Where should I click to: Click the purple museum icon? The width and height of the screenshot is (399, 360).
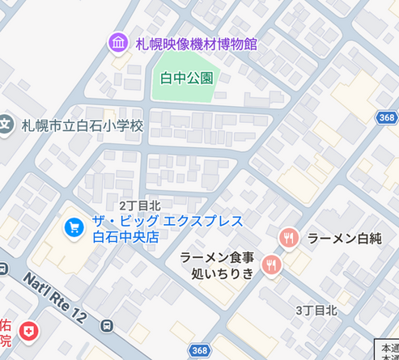click(118, 42)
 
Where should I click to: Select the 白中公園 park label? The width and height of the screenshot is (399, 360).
click(186, 78)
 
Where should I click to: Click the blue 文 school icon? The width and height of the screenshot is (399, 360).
click(6, 126)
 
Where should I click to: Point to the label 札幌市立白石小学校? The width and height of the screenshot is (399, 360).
click(82, 126)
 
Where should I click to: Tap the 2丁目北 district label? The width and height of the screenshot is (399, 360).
click(139, 207)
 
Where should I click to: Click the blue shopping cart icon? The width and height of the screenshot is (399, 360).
click(74, 229)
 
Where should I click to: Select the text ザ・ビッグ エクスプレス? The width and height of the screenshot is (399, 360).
click(166, 222)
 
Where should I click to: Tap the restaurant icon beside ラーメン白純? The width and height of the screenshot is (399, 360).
click(288, 238)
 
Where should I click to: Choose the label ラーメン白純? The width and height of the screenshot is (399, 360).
click(343, 238)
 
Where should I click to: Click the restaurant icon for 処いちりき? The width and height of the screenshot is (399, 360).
click(271, 265)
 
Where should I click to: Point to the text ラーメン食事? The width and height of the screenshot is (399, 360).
click(217, 257)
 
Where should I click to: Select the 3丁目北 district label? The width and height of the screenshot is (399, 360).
click(316, 310)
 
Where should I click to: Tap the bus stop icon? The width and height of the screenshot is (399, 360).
click(107, 327)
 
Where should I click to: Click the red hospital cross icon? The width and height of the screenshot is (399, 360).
click(29, 331)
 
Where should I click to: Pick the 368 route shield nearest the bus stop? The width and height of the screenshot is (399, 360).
click(200, 349)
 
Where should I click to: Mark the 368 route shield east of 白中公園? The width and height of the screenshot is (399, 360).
click(386, 117)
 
